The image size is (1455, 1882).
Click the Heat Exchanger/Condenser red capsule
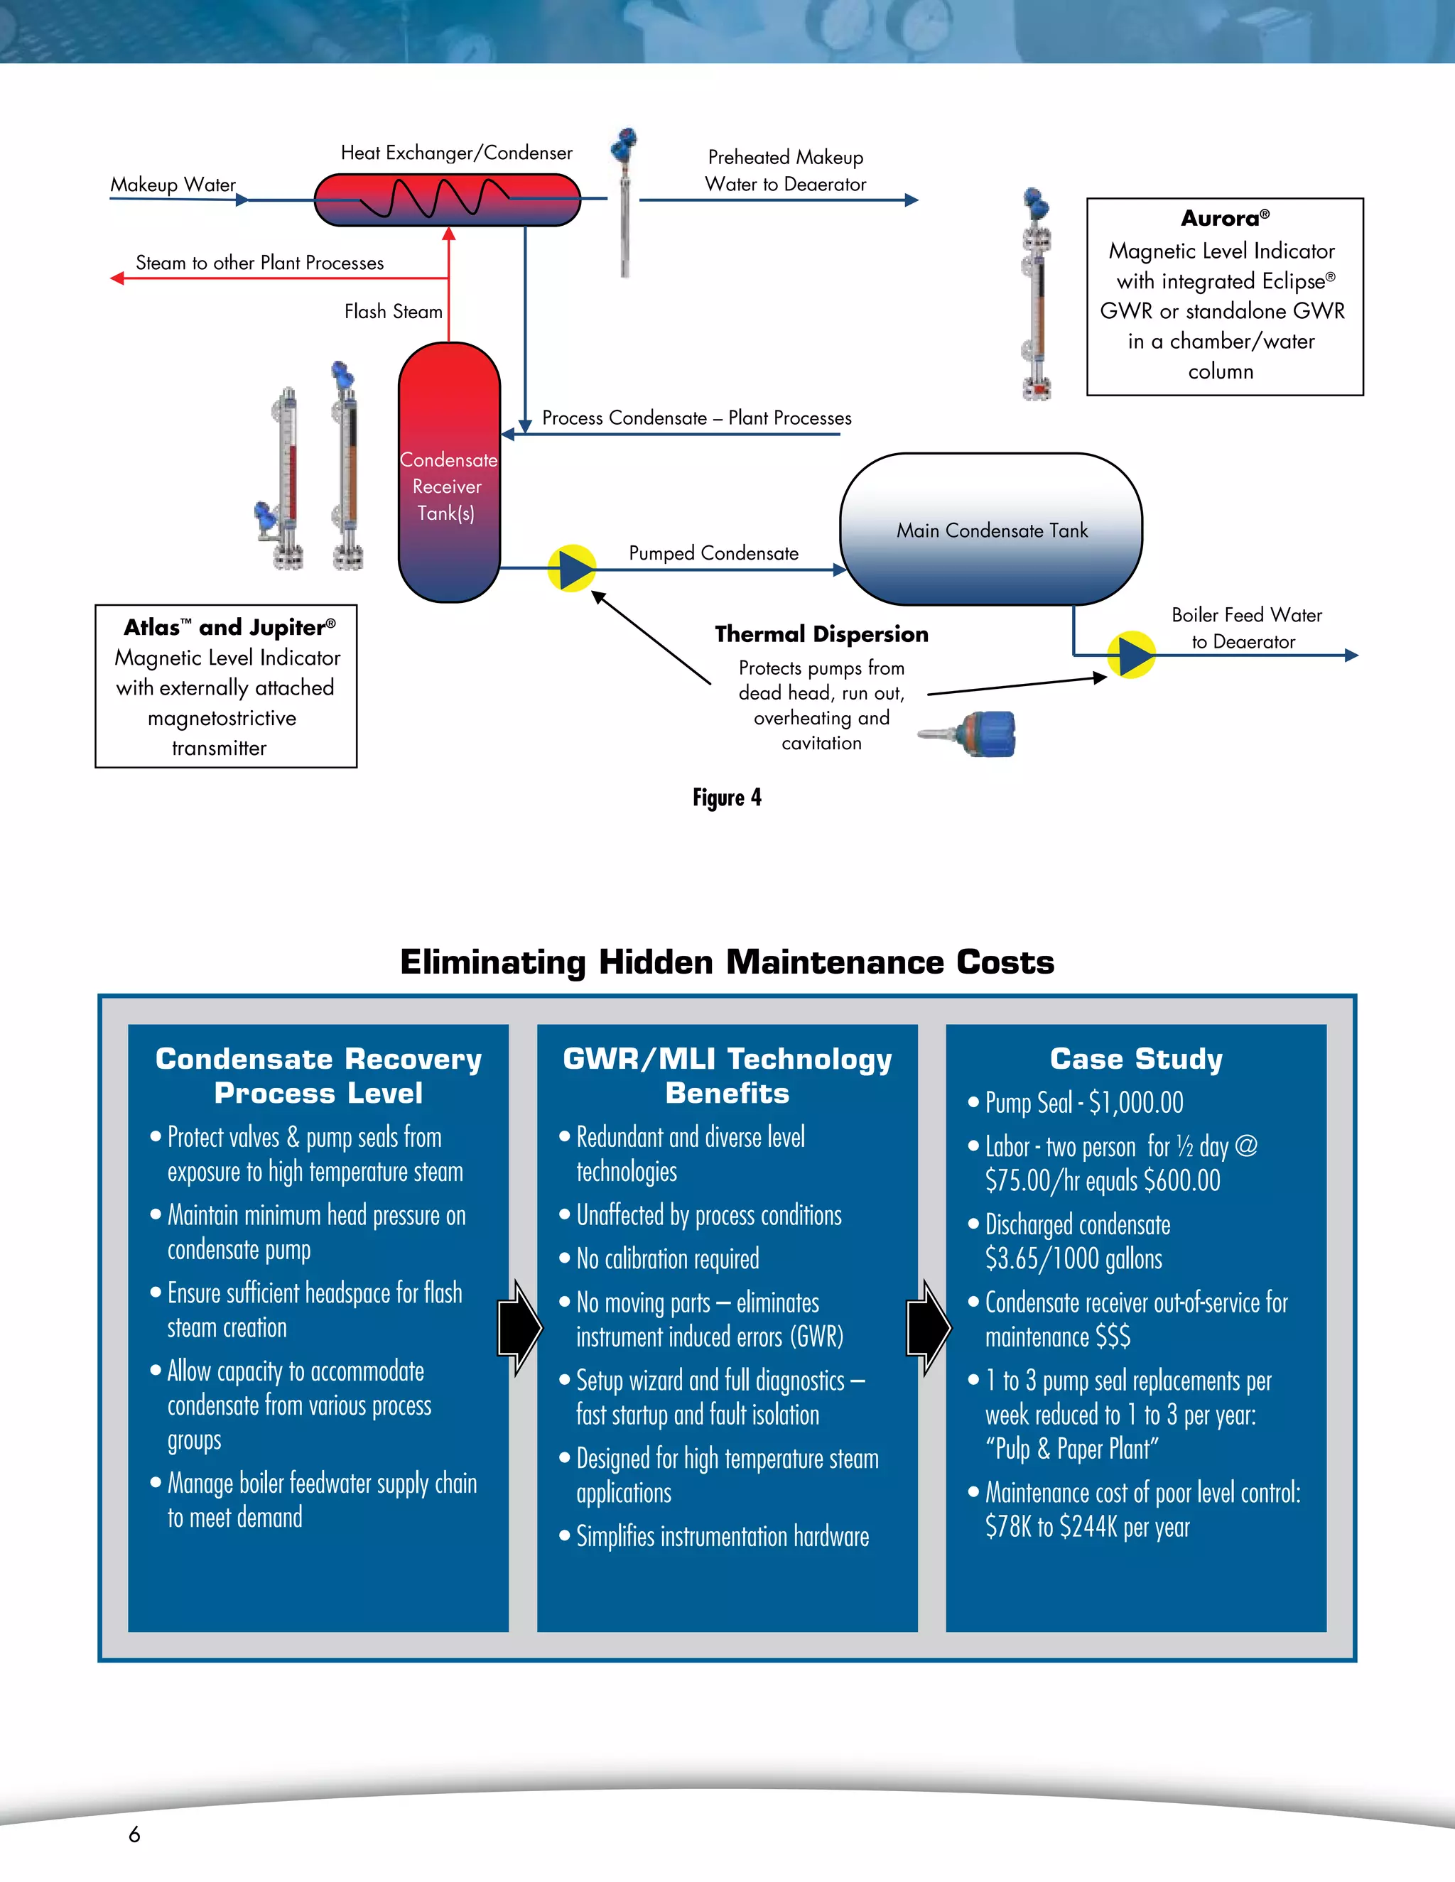click(x=446, y=200)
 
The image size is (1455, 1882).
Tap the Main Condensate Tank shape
click(x=991, y=529)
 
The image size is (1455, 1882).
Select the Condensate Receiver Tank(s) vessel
click(x=448, y=472)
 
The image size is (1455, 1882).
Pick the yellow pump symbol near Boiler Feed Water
click(x=1131, y=655)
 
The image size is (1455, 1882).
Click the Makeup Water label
click(x=173, y=185)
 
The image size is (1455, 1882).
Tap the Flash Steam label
click(x=393, y=312)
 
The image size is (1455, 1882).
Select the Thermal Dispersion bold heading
click(x=821, y=634)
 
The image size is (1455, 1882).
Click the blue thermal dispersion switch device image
click(x=978, y=734)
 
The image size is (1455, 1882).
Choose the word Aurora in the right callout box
click(x=1219, y=219)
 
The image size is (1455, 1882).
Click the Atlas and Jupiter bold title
click(x=229, y=627)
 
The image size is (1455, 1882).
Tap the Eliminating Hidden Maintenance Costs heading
click(x=727, y=962)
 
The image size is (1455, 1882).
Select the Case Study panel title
click(x=1136, y=1058)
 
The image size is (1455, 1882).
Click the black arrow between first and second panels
click(x=520, y=1328)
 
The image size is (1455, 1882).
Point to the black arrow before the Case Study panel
click(x=929, y=1328)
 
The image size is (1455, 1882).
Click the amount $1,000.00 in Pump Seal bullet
click(x=1135, y=1102)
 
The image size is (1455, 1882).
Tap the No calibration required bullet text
click(x=667, y=1259)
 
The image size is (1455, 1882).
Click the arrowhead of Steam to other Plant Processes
click(x=117, y=278)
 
